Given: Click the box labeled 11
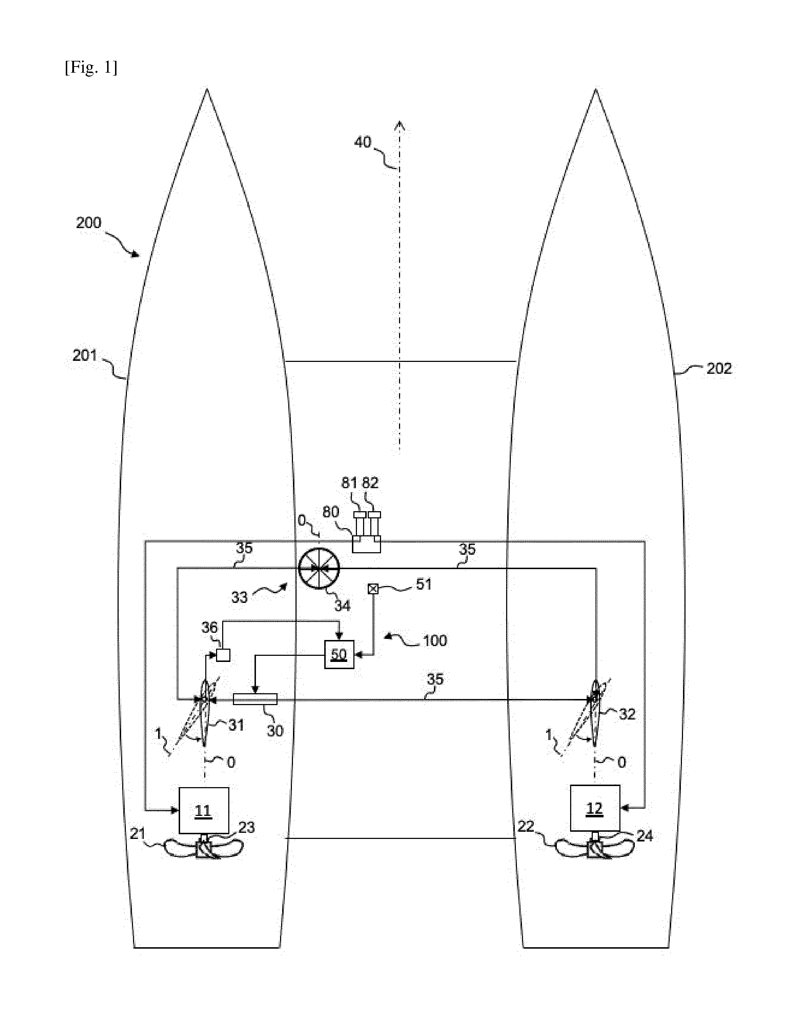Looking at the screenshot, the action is point(204,811).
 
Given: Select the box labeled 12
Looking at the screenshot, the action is point(595,808).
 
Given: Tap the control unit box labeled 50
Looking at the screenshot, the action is point(339,654).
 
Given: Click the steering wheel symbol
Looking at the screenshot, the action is point(319,569).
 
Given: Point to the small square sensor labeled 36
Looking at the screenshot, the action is point(223,655).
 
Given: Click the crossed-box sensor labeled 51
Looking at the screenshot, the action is point(373,588).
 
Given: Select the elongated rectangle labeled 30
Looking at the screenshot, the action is point(255,699).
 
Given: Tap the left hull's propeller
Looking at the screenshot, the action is point(204,850).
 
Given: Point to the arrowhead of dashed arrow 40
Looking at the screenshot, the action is point(399,125).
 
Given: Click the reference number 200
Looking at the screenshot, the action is point(88,222).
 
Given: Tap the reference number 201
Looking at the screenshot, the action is point(84,355).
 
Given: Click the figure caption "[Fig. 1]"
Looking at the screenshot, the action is point(91,68).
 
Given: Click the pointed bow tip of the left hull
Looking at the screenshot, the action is point(207,89).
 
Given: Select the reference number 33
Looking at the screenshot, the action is point(239,597).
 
